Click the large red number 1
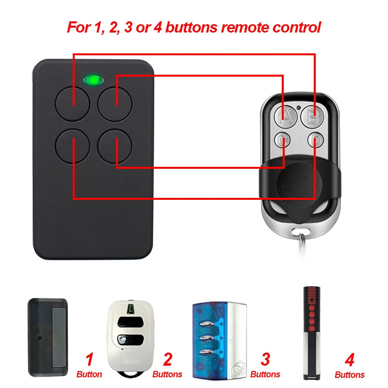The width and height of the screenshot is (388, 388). (x=89, y=359)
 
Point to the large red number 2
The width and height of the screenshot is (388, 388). (x=167, y=359)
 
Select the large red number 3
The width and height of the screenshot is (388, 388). (x=265, y=359)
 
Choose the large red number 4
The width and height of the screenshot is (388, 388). (x=349, y=359)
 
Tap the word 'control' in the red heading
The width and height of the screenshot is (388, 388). (x=297, y=27)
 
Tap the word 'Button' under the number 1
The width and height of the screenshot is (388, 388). (x=89, y=374)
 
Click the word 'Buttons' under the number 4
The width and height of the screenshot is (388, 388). (x=349, y=375)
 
